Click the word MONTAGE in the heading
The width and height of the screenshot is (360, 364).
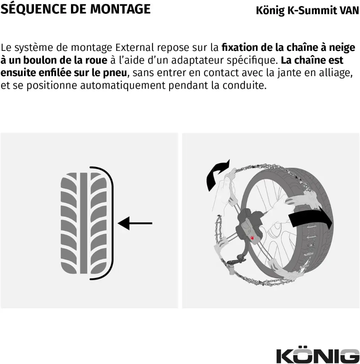(120, 9)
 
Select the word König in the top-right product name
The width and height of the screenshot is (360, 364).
(270, 11)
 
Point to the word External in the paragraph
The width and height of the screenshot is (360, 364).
(135, 47)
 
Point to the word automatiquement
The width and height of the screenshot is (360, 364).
(122, 86)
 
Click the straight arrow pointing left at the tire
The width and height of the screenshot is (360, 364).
(135, 223)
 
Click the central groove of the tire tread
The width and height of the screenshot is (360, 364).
(84, 223)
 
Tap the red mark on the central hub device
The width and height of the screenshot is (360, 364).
(252, 238)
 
